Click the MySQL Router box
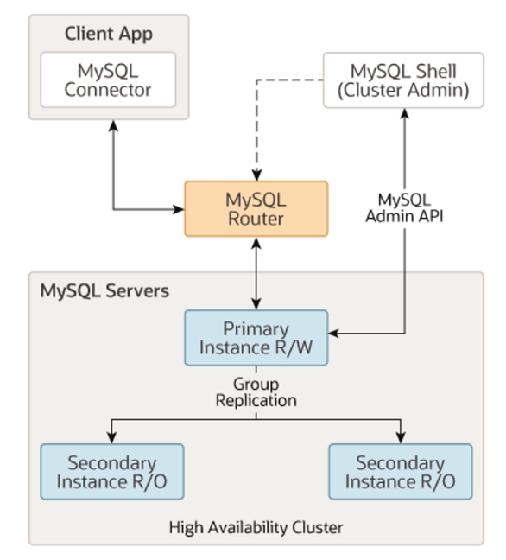pos(256,208)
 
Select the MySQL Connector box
pos(108,80)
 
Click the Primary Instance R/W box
pos(256,338)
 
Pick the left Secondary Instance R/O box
pos(111,471)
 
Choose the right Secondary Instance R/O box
pos(400,471)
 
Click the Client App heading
pos(108,35)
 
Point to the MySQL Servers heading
pos(104,290)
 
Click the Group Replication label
pos(256,392)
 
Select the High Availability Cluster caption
pos(256,526)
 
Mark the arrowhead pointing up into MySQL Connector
pos(113,125)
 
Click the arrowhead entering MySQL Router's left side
pos(178,208)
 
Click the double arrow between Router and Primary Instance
pos(256,272)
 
